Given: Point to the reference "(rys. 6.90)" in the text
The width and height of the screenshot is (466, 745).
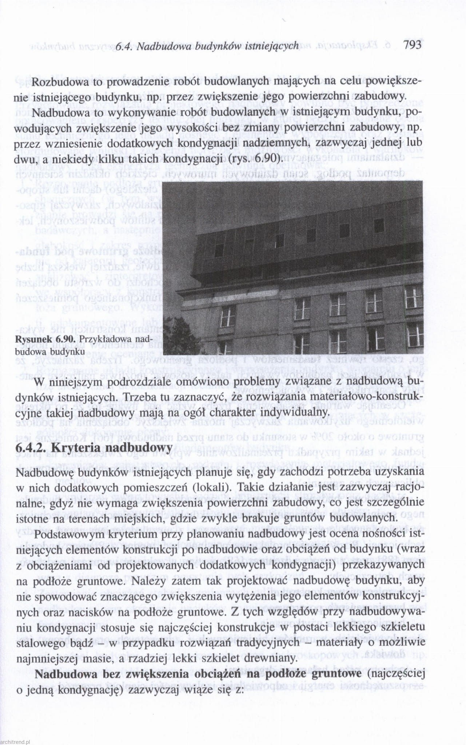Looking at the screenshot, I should [x=261, y=159].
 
